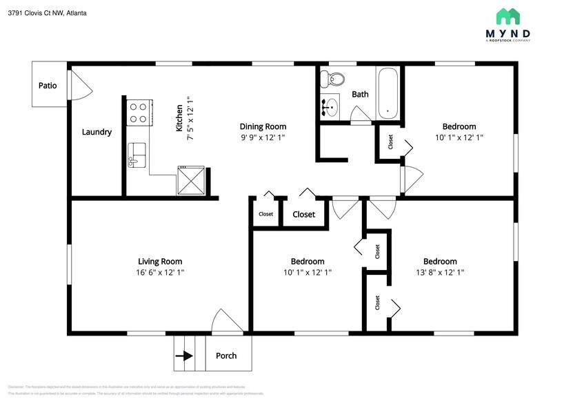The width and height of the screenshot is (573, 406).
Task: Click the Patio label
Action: tap(47, 86)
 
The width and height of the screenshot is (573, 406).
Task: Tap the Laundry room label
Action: tap(97, 132)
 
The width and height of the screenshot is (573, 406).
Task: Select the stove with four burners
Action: tap(139, 113)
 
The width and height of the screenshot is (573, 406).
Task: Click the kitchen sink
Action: tap(137, 155)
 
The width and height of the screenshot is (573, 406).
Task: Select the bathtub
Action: tap(388, 93)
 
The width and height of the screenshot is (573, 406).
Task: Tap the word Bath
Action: tap(360, 94)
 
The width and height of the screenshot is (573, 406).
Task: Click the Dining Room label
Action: tap(263, 126)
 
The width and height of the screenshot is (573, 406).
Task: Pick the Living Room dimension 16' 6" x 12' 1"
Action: tap(160, 273)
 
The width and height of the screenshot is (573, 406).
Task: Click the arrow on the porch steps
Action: tap(183, 356)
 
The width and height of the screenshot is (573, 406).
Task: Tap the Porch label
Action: tap(226, 356)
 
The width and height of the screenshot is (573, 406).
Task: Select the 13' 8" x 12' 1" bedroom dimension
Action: tap(439, 273)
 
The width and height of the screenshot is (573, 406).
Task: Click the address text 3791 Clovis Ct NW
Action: tap(37, 12)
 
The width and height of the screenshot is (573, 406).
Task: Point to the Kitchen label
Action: tap(179, 118)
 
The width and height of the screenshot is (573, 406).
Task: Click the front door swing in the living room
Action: tap(225, 322)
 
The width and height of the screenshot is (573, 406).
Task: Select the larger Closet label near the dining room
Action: tap(303, 214)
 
